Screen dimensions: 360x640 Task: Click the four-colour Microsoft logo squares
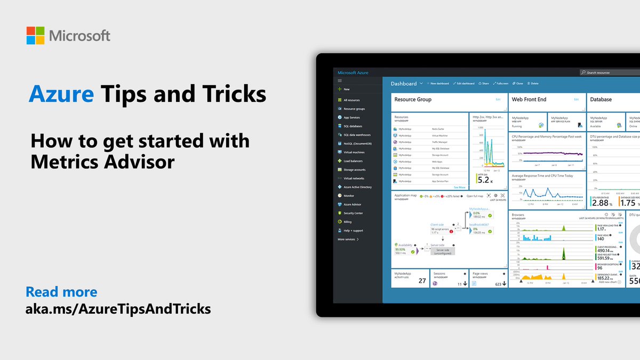[36, 35]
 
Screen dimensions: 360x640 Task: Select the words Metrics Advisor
[102, 161]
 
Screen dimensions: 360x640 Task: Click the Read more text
[61, 292]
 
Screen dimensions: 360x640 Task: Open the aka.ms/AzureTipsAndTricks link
[118, 308]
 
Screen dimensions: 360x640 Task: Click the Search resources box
[608, 73]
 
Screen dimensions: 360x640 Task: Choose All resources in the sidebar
[351, 100]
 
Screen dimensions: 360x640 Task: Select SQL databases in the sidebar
[353, 126]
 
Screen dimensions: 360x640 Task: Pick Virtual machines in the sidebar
[354, 152]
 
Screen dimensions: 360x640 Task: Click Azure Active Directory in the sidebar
[357, 187]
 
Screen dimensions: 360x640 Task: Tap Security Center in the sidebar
[353, 213]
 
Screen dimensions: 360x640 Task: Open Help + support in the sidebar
[353, 230]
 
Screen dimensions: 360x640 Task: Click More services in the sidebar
[348, 239]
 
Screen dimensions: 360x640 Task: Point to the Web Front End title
[529, 99]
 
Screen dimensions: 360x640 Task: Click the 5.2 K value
[483, 181]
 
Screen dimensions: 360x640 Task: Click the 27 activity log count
[422, 281]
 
